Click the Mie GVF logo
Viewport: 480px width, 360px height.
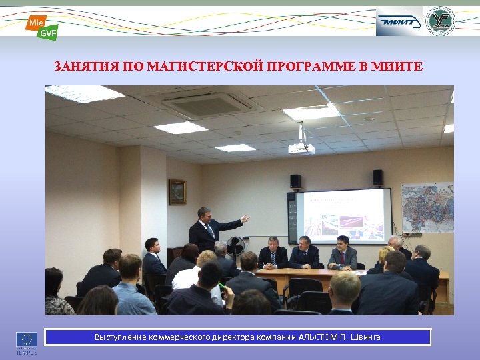pos(41,27)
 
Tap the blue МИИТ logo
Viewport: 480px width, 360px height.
pos(399,21)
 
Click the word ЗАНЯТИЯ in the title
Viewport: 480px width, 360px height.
pos(83,67)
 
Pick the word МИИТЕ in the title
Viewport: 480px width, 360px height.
pos(399,67)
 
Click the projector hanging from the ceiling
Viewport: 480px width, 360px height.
pos(301,147)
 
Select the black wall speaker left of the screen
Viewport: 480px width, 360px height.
pos(295,181)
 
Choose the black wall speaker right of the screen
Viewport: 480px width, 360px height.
pos(377,177)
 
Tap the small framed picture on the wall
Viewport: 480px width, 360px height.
pos(177,192)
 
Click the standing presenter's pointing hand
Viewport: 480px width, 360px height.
pos(245,217)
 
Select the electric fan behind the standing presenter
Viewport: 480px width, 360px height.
pos(235,246)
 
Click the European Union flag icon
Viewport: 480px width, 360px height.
pos(26,338)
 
